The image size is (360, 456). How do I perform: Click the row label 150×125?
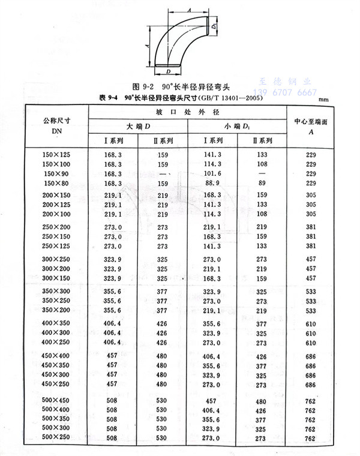coord(57,155)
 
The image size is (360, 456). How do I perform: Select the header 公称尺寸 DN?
coord(57,126)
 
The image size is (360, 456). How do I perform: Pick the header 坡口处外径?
coord(188,112)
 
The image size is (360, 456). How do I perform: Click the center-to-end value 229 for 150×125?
coord(311,155)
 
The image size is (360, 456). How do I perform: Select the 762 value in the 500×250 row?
coord(311,439)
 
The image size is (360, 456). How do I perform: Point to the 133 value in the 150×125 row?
coord(262,155)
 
